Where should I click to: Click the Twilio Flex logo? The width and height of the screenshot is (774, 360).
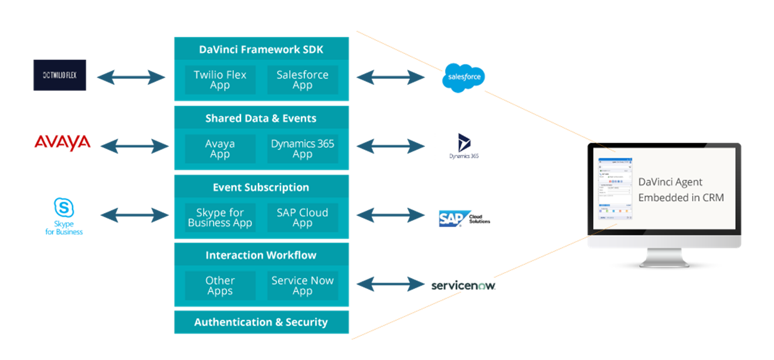(x=60, y=75)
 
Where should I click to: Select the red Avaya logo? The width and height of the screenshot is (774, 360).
(x=62, y=142)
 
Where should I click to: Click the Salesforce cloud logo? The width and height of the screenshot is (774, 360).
(x=463, y=78)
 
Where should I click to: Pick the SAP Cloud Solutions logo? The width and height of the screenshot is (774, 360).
(x=463, y=218)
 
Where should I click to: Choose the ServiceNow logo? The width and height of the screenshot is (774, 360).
(x=463, y=286)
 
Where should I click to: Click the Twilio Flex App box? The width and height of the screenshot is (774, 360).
(x=220, y=80)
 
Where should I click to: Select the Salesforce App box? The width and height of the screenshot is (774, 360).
(x=303, y=80)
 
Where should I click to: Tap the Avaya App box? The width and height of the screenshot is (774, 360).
(x=220, y=149)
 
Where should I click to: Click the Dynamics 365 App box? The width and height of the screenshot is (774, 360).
(x=303, y=149)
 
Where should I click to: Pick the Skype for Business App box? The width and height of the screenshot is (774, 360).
(x=220, y=218)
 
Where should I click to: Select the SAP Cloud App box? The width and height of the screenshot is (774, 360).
(x=303, y=218)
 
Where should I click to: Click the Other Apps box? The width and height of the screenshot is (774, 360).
(x=220, y=286)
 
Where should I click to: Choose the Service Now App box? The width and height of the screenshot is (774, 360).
(x=303, y=286)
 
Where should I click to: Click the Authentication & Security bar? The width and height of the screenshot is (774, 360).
(x=262, y=322)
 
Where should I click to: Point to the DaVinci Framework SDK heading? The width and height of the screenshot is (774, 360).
(x=262, y=50)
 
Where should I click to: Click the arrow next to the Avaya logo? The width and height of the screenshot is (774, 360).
(x=134, y=145)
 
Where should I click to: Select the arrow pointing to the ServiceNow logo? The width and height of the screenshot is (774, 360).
(x=391, y=285)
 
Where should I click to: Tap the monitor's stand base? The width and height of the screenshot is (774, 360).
(x=664, y=261)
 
